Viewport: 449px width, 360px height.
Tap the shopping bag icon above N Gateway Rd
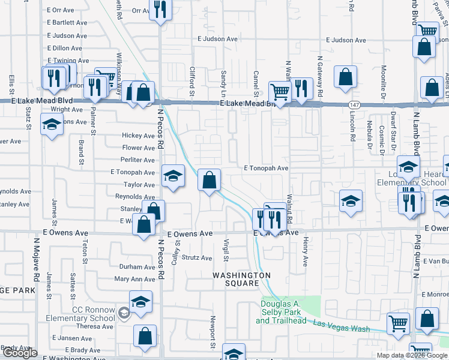[x=345, y=77]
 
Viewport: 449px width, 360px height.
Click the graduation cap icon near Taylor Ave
[x=173, y=176]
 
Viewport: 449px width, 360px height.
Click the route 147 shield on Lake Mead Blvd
[x=354, y=104]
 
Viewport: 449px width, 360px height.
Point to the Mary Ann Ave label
[x=134, y=279]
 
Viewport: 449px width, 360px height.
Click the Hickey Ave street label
[x=138, y=136]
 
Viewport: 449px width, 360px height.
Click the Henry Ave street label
[x=305, y=253]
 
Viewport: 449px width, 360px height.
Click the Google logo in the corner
[x=20, y=353]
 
